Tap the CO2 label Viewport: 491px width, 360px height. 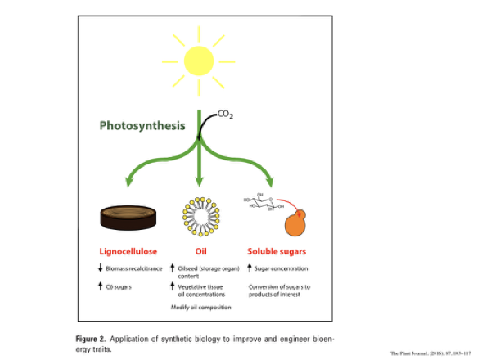[226, 116]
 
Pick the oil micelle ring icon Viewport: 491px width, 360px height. [197, 215]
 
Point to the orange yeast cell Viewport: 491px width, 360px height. [297, 222]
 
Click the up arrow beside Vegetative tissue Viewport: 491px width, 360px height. [172, 286]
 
